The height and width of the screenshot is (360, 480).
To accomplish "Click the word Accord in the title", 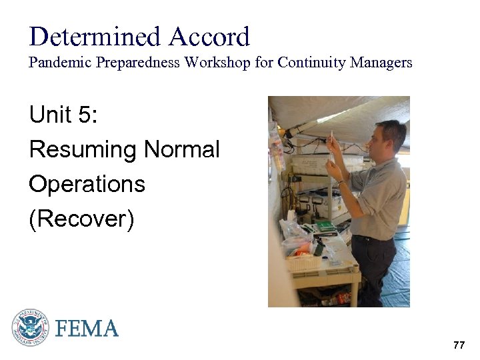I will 208,37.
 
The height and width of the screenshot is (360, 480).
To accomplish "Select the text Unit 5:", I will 63,115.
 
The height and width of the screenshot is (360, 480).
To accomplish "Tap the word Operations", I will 87,184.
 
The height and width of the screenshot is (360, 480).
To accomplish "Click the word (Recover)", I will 81,219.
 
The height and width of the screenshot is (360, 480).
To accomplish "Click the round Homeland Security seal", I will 30,327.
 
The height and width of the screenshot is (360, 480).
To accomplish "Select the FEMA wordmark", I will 87,328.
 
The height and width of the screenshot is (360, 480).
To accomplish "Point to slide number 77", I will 459,345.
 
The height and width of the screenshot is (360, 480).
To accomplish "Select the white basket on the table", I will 303,263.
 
